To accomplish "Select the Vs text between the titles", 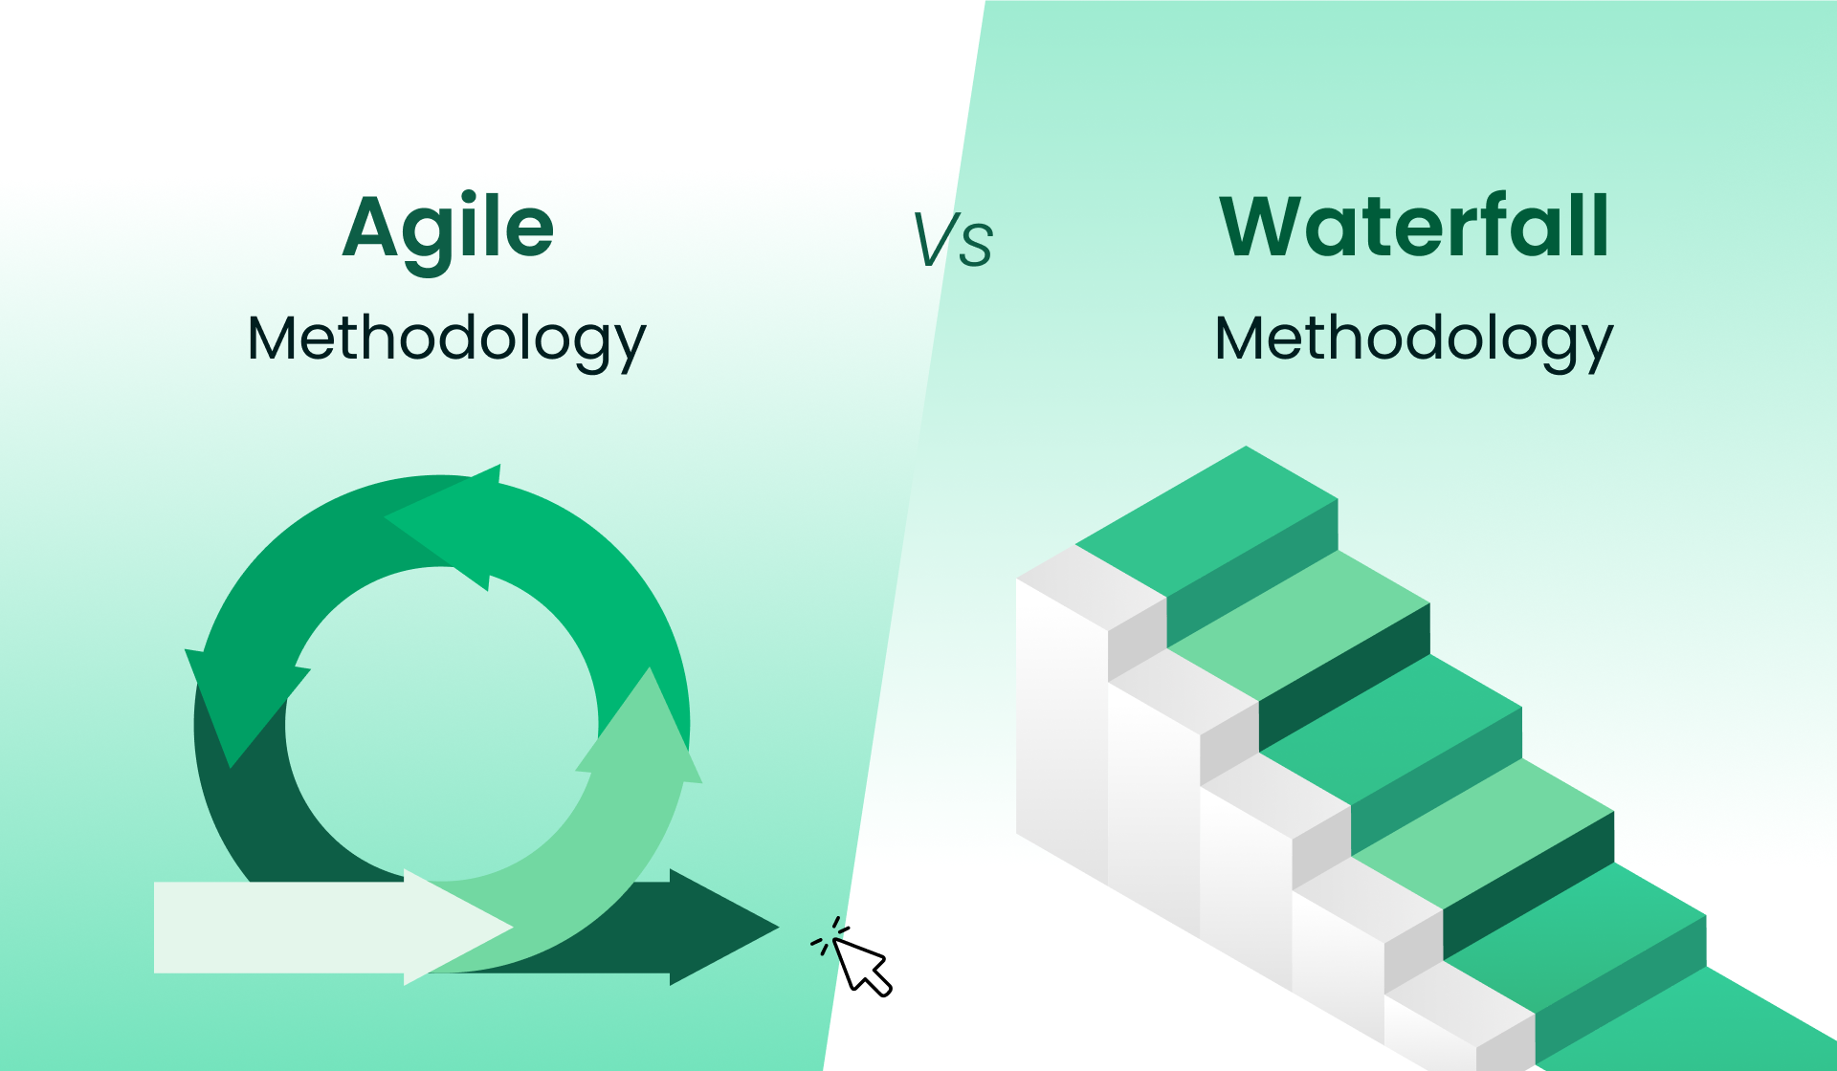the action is pyautogui.click(x=953, y=239).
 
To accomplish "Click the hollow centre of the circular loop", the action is pyautogui.click(x=441, y=724).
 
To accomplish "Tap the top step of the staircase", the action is pyautogui.click(x=1206, y=521).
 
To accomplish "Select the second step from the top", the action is pyautogui.click(x=1298, y=625).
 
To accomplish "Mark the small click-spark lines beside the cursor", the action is pyautogui.click(x=828, y=935).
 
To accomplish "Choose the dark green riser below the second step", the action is pyautogui.click(x=1344, y=677).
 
